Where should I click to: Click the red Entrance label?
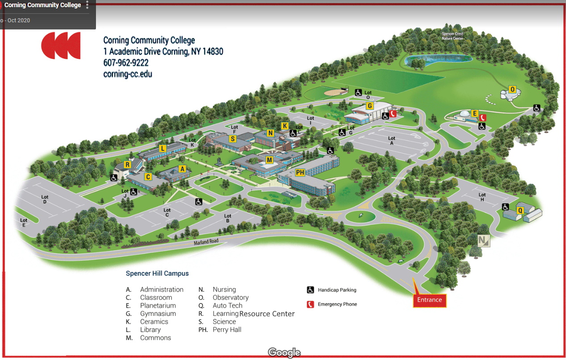coord(429,300)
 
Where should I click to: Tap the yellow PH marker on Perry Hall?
coord(300,173)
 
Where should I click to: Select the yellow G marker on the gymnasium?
coord(370,106)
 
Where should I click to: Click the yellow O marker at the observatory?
coord(512,90)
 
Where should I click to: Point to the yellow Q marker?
coord(520,210)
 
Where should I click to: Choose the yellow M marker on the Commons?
coord(269,160)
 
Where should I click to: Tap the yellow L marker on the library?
coord(162,148)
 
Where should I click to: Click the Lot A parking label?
coord(391,141)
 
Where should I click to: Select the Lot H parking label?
coord(482,197)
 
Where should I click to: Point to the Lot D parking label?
coord(45,199)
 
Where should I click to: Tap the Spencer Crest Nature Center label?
coord(452,36)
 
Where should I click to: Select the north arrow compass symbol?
coord(484,240)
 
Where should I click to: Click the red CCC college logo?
coord(61,46)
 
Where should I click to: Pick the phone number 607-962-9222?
coord(126,63)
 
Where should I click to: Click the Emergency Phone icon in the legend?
coord(311,304)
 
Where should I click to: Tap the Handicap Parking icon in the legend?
coord(311,290)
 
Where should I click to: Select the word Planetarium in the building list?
coord(158,306)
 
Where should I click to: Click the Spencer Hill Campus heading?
coord(157,273)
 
